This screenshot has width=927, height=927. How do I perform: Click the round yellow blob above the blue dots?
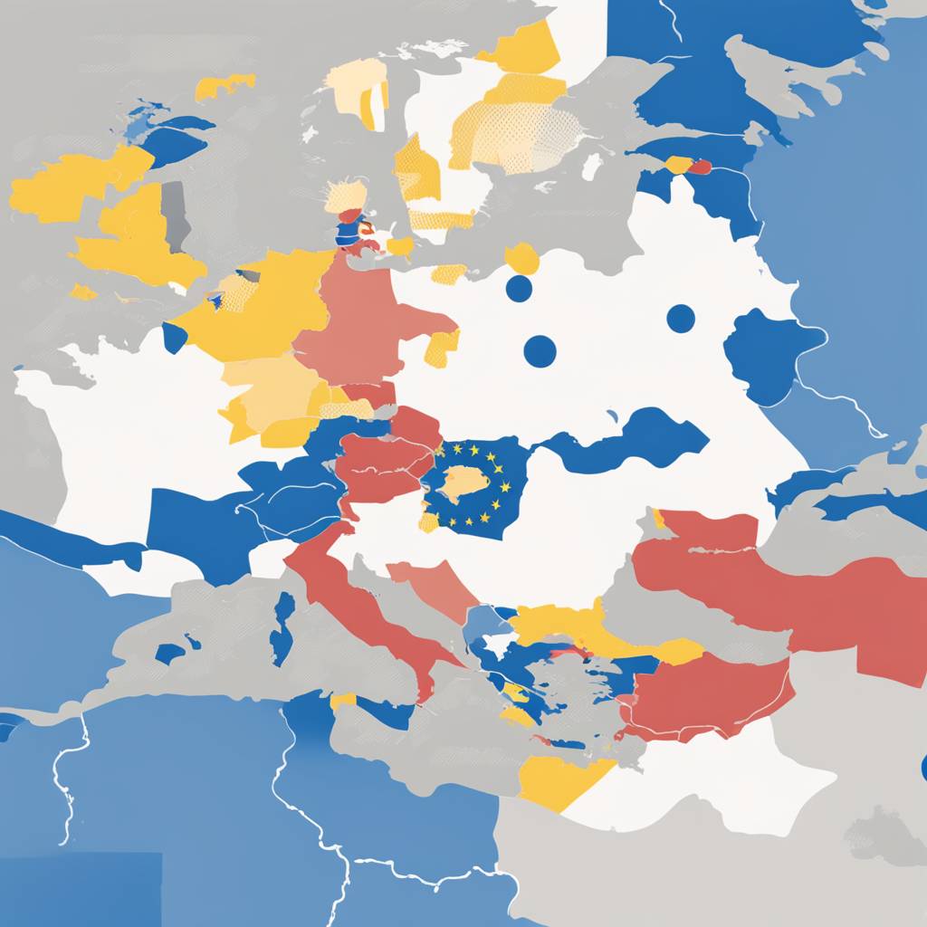click(x=522, y=258)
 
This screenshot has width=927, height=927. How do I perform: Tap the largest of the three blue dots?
click(x=540, y=351)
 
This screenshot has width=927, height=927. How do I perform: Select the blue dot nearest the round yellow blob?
click(x=519, y=289)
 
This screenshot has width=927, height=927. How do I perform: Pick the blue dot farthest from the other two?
click(x=681, y=319)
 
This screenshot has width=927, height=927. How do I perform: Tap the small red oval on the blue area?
click(x=700, y=167)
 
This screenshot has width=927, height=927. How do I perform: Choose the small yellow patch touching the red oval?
click(x=678, y=165)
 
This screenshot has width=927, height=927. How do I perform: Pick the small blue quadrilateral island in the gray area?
click(x=169, y=653)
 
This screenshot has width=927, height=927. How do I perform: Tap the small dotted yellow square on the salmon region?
click(x=442, y=349)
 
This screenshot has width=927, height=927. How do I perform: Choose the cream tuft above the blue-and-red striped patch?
click(x=346, y=195)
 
